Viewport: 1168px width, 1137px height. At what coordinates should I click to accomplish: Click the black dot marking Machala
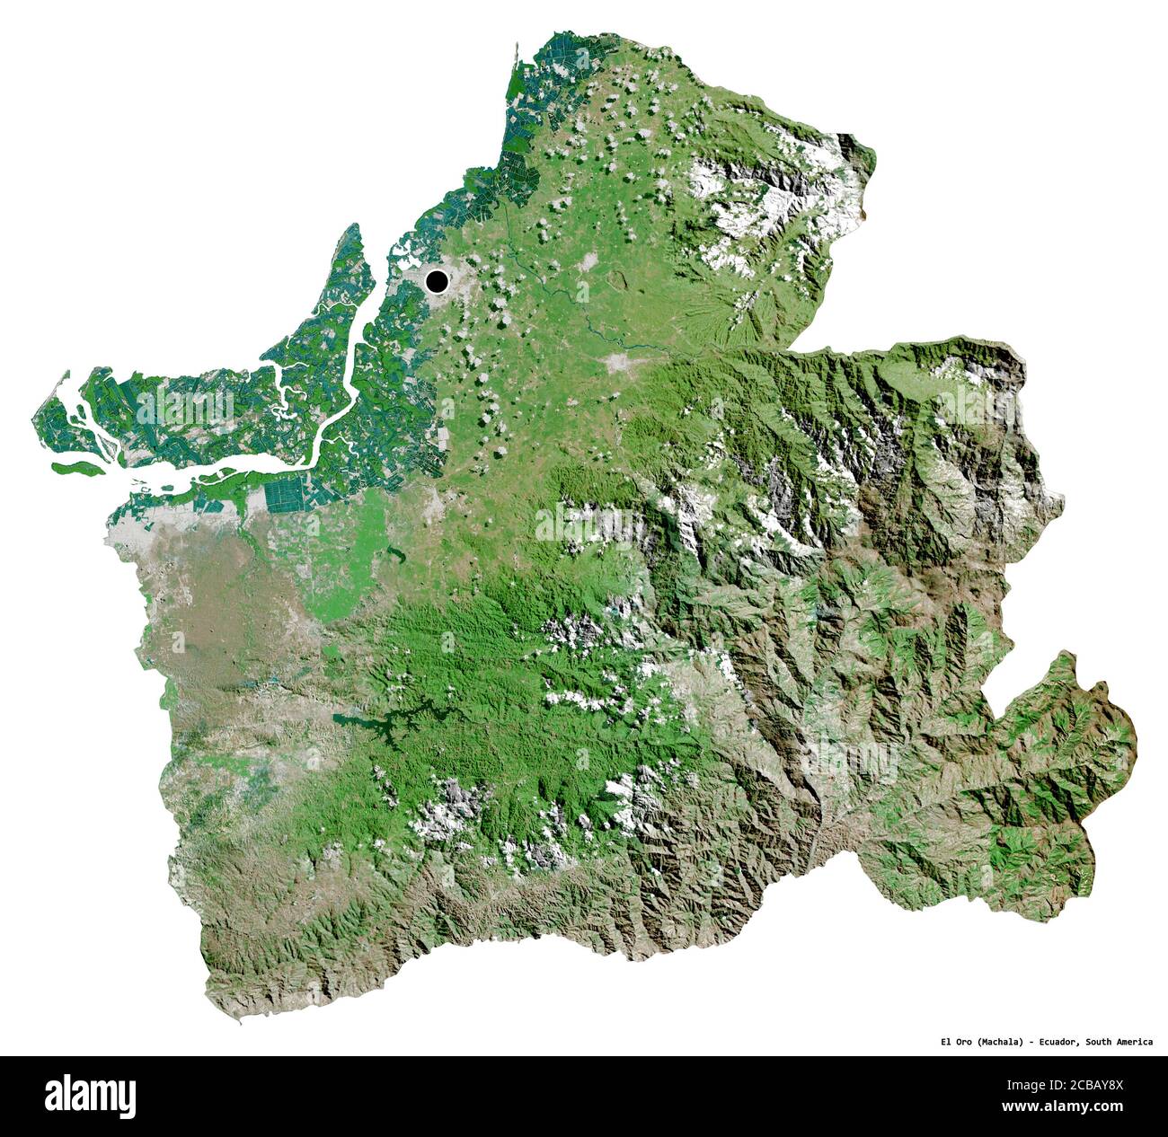(x=437, y=281)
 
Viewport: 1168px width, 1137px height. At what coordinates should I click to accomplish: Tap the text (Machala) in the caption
(x=997, y=1042)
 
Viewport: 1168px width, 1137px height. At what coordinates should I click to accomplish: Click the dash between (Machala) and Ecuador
(x=1031, y=1042)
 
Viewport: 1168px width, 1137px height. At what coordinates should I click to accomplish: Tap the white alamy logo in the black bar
(x=90, y=1097)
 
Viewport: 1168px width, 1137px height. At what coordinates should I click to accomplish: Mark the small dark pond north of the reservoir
(x=392, y=553)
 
